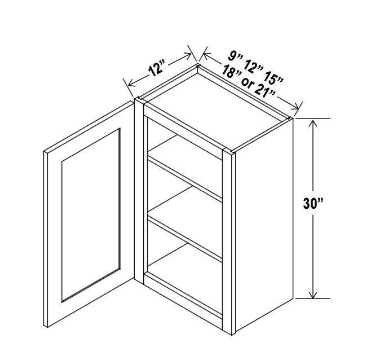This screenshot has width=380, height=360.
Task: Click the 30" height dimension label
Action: coord(313,203)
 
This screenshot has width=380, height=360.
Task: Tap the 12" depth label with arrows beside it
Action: coord(157,69)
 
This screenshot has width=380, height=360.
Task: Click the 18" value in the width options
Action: coord(230,72)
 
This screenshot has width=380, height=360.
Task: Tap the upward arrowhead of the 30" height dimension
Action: coord(313,123)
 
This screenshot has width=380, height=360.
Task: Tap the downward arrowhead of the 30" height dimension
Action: coord(313,294)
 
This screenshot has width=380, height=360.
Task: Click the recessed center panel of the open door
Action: coord(91,216)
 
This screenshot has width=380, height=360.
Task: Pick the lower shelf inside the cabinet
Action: coord(185,236)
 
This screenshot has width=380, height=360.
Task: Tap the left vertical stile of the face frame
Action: coord(139,192)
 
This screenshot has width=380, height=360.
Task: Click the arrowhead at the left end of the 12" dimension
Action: coord(131,83)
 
